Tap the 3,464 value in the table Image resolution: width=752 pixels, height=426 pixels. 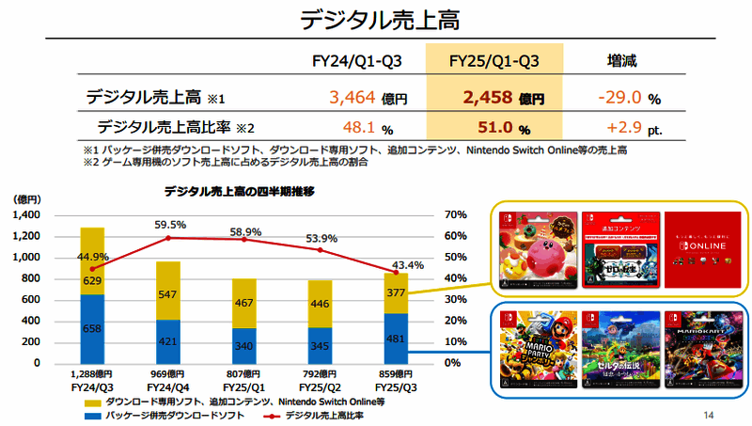tap(353, 97)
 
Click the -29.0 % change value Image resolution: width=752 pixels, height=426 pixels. tap(619, 97)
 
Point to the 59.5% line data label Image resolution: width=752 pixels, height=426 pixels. tap(169, 225)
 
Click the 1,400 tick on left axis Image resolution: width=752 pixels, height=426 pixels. tap(26, 215)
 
